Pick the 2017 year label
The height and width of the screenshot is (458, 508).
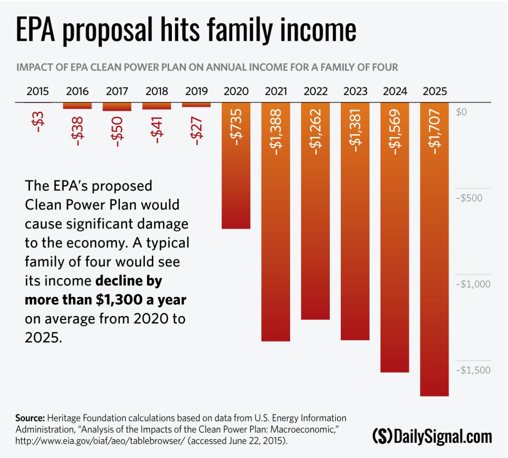(117, 91)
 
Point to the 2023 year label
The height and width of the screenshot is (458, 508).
(355, 91)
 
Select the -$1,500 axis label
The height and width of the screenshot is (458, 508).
(473, 370)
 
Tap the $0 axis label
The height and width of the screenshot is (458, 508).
(461, 112)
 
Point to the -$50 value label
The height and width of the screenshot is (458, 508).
(117, 132)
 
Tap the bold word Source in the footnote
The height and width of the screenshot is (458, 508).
(30, 418)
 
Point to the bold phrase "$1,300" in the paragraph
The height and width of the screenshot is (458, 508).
(120, 299)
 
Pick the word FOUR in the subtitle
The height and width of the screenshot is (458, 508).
(383, 67)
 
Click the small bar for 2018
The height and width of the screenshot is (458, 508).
(157, 106)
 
